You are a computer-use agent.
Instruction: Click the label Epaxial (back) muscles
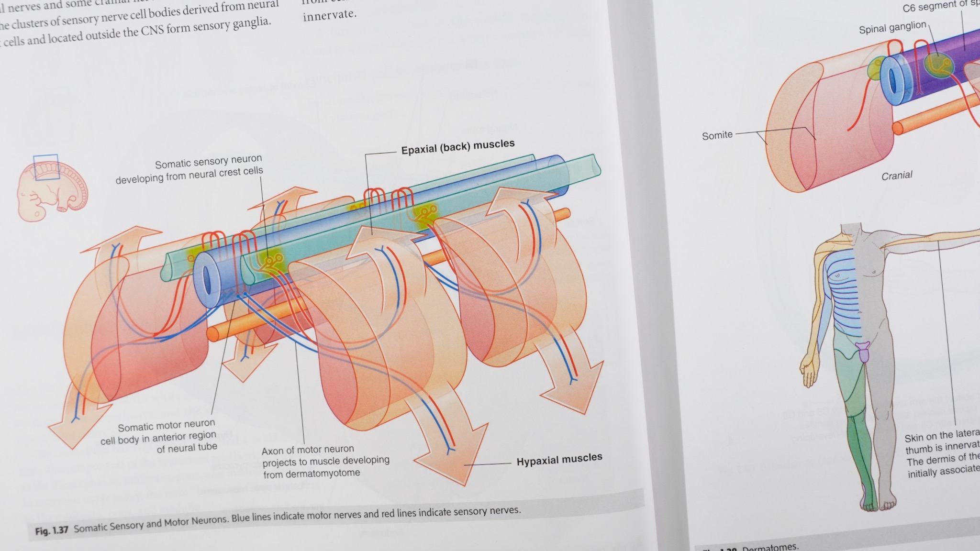click(457, 147)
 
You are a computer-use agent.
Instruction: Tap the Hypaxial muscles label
click(559, 459)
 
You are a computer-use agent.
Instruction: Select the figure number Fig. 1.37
click(52, 530)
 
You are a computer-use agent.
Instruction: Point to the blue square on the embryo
click(46, 167)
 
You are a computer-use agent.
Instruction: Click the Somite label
click(717, 135)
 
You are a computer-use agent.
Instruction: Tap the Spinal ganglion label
click(892, 28)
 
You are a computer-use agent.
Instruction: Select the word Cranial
click(897, 176)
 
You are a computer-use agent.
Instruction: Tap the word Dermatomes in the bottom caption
click(770, 547)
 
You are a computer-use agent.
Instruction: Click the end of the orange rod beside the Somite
click(898, 128)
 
